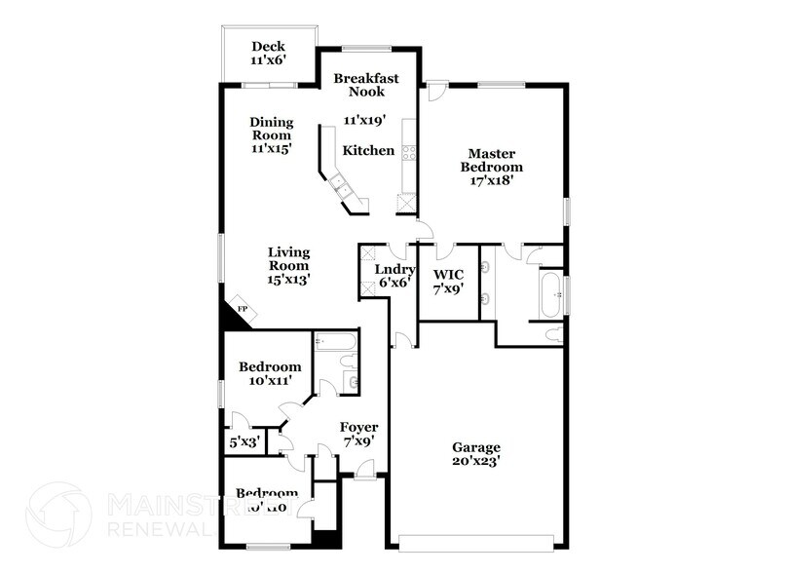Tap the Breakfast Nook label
click(x=358, y=85)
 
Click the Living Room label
click(x=288, y=265)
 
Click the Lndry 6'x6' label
click(x=394, y=276)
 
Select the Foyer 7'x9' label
click(x=358, y=435)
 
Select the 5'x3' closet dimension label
click(x=243, y=441)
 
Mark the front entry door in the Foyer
click(x=366, y=475)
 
